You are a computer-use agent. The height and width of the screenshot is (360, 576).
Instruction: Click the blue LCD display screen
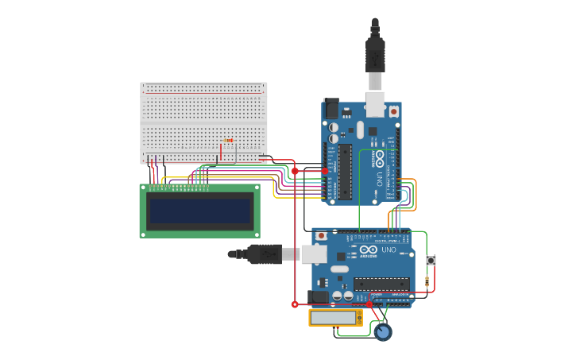click(200, 211)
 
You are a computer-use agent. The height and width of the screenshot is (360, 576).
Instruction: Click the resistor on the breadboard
click(229, 141)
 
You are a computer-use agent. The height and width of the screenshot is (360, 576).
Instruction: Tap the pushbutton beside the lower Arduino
click(431, 260)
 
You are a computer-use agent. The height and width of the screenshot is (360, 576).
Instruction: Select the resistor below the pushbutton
click(427, 281)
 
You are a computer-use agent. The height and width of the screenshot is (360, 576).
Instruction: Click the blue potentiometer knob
click(383, 331)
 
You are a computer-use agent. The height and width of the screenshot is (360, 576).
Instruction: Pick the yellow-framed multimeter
click(335, 318)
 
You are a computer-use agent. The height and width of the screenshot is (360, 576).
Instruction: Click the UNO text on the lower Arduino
click(389, 250)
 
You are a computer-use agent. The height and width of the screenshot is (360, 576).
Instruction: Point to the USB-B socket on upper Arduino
click(375, 105)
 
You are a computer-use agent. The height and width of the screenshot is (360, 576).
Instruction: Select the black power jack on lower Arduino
click(319, 296)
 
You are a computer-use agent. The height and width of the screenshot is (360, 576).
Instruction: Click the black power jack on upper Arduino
click(331, 108)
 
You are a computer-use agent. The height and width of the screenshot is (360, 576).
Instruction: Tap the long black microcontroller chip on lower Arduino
click(382, 284)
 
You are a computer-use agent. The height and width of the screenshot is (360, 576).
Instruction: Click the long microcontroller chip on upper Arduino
click(345, 171)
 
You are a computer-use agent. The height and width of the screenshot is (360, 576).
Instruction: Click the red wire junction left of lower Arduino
click(295, 304)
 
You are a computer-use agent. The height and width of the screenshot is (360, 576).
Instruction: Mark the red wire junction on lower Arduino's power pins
click(369, 304)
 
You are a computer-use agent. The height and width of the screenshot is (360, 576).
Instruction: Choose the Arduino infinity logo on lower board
click(368, 250)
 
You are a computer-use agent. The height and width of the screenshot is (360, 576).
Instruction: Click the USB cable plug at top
click(375, 56)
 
